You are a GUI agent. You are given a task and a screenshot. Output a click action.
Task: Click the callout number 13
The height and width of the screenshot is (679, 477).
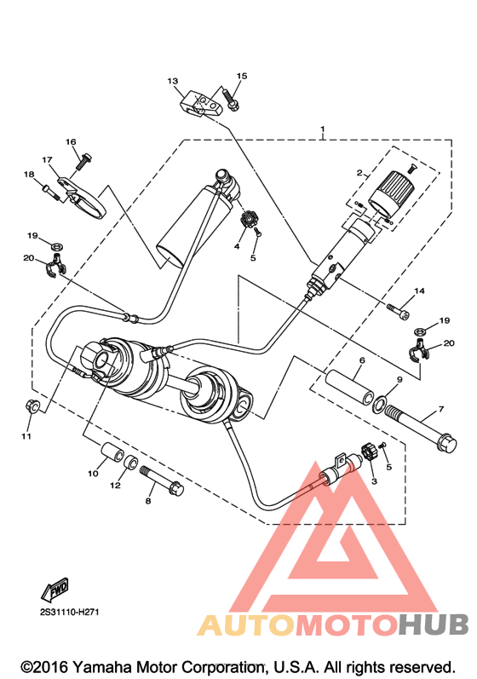(172, 81)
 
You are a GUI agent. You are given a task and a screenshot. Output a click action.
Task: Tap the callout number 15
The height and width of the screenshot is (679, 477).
(242, 76)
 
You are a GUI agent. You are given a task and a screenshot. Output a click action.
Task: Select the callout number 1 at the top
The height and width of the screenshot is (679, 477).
(323, 129)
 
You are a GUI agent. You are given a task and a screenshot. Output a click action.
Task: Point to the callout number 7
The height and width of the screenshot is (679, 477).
(441, 409)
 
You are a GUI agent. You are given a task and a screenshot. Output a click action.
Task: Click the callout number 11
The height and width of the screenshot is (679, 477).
(26, 436)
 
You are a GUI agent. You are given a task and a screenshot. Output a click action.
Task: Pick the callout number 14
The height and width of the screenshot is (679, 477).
(419, 291)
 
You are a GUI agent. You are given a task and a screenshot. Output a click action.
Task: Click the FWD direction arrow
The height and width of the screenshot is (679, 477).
(55, 589)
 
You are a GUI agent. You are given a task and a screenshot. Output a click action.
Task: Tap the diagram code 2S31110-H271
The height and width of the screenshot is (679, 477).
(69, 613)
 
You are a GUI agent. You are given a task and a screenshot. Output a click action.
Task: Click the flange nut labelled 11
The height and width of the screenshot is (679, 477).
(33, 406)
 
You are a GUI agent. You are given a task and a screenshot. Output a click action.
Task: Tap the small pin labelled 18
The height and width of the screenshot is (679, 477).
(50, 191)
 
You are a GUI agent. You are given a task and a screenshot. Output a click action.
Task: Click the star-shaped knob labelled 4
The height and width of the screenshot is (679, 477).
(248, 219)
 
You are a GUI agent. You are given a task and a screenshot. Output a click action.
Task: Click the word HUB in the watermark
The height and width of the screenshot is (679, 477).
(434, 624)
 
